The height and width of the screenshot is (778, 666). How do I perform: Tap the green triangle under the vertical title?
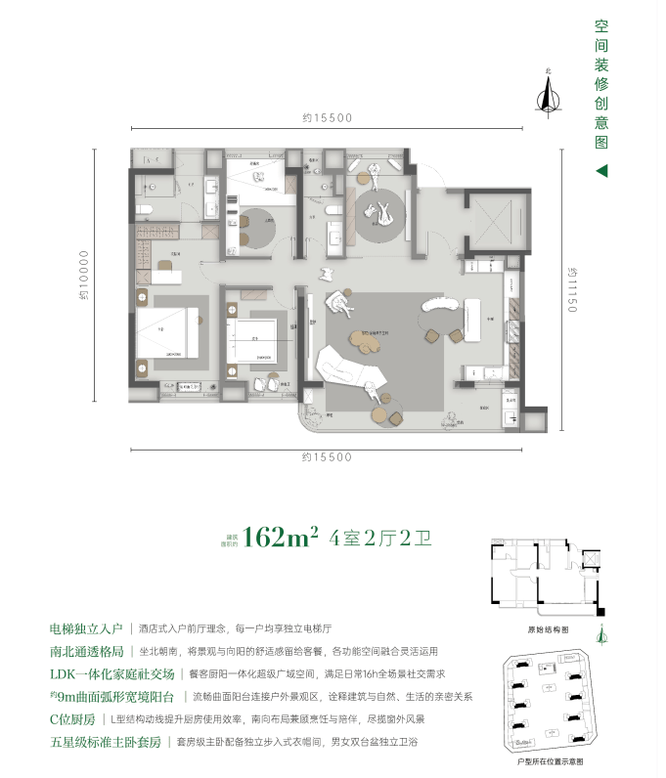click(601, 170)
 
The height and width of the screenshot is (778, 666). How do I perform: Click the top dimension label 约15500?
click(328, 118)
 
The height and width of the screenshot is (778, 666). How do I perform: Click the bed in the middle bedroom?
click(253, 342)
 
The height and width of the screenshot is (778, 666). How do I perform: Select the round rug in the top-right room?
click(379, 215)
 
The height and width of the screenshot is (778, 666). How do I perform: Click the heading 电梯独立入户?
click(86, 630)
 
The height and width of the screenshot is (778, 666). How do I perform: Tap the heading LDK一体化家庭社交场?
click(111, 674)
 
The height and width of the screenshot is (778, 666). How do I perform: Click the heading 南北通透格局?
click(86, 652)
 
